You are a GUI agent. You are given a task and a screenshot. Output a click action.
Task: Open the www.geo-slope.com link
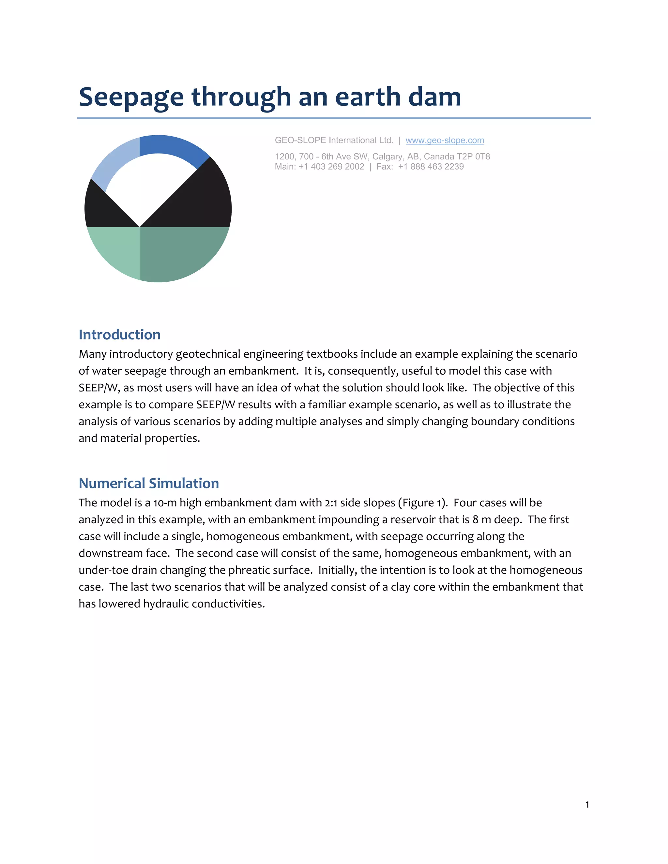(x=445, y=141)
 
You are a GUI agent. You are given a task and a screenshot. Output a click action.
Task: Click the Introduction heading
(x=119, y=335)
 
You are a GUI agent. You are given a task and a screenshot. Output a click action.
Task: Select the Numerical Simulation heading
(x=149, y=484)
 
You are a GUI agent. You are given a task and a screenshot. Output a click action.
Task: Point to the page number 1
(x=587, y=804)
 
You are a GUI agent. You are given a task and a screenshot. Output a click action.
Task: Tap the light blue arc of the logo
(x=115, y=162)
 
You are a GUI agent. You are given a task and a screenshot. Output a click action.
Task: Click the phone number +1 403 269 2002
(x=331, y=167)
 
